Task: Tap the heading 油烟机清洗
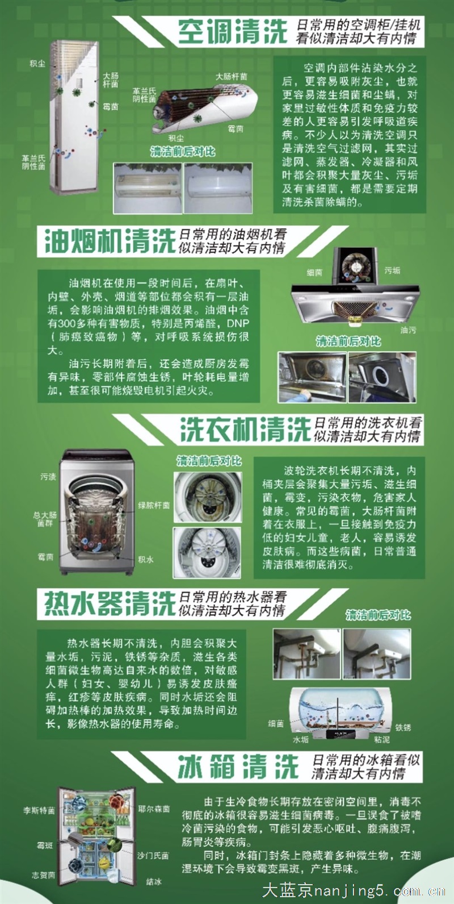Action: (110, 241)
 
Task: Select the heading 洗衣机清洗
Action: (245, 429)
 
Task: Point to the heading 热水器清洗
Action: (110, 603)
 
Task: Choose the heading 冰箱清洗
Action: (238, 767)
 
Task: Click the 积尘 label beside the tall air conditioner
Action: (37, 64)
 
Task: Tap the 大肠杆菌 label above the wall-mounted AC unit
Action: (231, 76)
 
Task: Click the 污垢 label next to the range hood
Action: (392, 270)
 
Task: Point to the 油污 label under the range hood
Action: (408, 330)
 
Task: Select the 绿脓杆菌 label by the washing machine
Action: (154, 505)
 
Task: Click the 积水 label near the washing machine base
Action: (145, 559)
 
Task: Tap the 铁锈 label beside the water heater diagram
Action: (403, 727)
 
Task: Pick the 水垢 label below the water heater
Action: (300, 739)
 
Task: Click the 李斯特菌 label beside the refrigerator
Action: (39, 810)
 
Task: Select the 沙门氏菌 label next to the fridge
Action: (153, 856)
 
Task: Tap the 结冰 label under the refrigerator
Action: (154, 882)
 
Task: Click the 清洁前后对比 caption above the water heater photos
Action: (378, 615)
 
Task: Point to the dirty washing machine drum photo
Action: (208, 497)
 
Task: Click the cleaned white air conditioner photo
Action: (218, 188)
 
